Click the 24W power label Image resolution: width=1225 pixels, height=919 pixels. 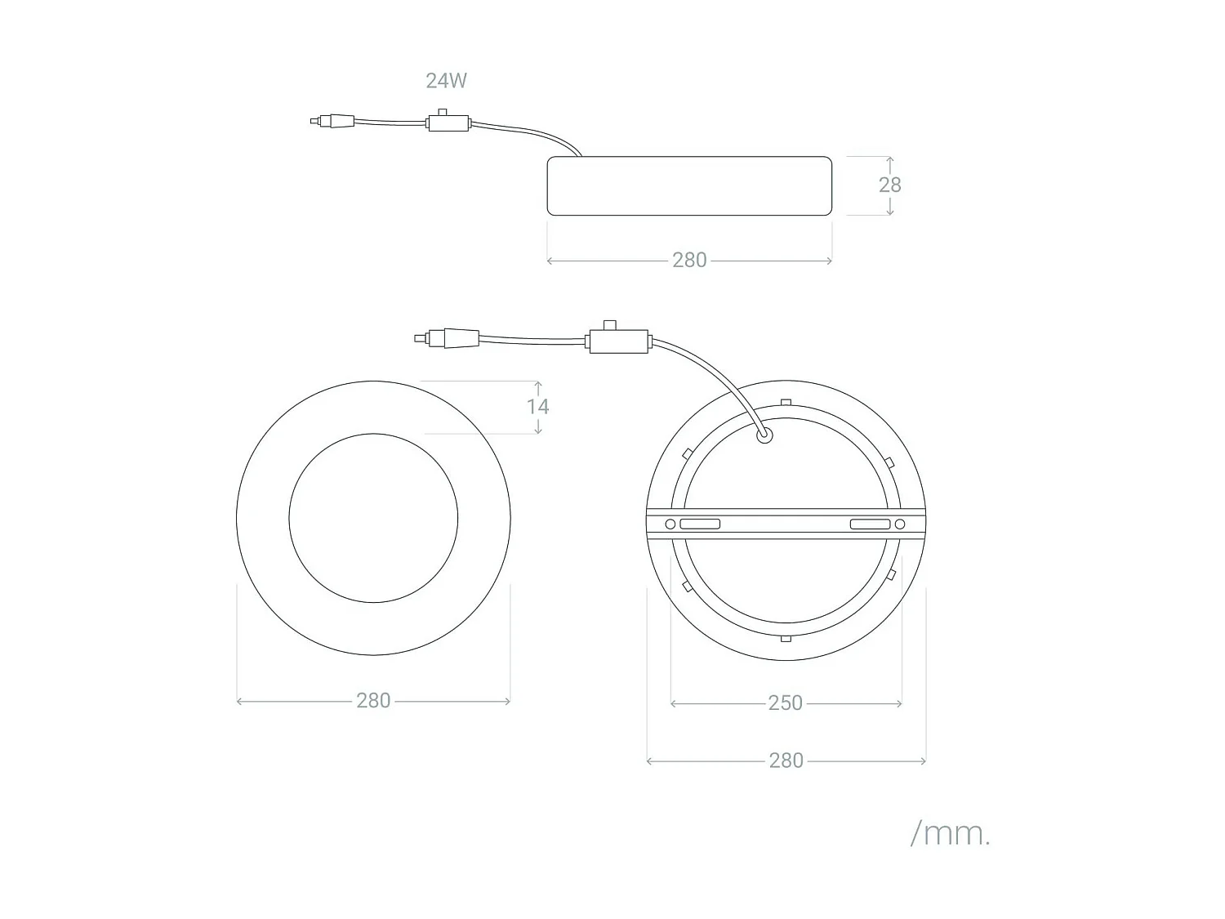(x=446, y=81)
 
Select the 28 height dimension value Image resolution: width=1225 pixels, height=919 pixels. (x=889, y=185)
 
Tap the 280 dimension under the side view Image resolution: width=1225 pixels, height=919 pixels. (x=689, y=260)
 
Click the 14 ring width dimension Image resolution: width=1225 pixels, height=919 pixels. (x=537, y=407)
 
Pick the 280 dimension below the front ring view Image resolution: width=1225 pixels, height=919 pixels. (x=373, y=701)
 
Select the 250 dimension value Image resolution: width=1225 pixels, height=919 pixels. (x=785, y=703)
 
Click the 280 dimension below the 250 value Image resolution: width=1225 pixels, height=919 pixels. (x=786, y=761)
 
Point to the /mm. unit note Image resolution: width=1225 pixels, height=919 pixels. (x=951, y=834)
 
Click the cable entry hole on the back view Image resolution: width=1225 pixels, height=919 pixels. (x=765, y=436)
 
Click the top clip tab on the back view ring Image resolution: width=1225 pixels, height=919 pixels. (x=786, y=402)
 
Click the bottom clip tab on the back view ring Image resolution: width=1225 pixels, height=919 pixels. (x=786, y=638)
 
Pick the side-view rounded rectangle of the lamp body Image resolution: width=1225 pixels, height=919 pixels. (x=689, y=186)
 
